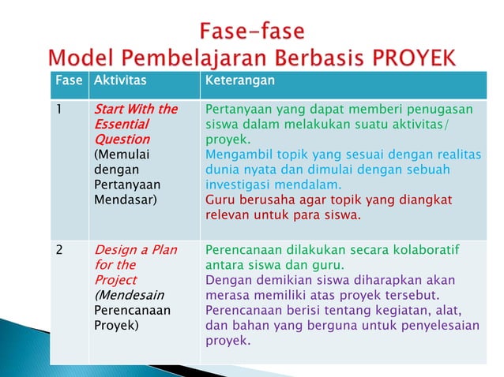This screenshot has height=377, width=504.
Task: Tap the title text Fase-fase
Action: click(x=251, y=32)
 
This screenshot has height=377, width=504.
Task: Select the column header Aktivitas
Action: click(x=119, y=80)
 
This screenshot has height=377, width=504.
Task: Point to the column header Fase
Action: click(x=68, y=80)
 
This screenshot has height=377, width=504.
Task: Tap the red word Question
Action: click(x=118, y=138)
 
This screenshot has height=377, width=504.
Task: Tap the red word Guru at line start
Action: click(x=220, y=199)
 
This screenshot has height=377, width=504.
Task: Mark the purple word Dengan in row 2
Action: click(x=226, y=280)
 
